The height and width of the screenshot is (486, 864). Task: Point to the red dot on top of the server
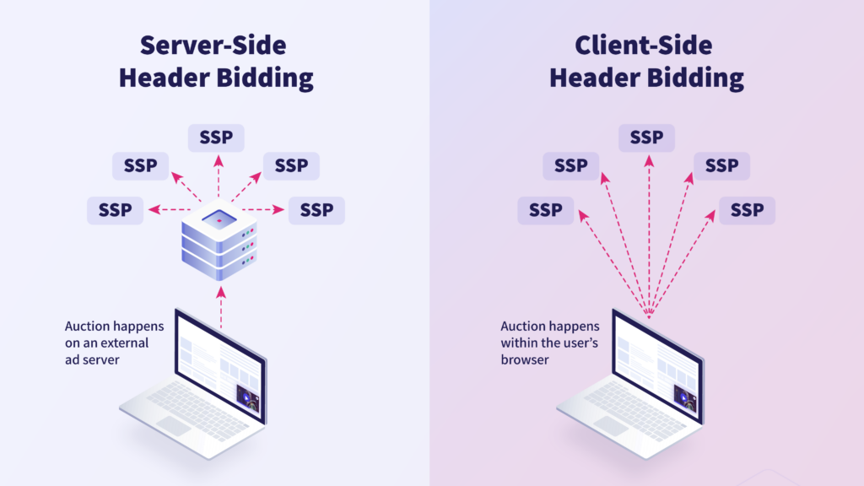[219, 221]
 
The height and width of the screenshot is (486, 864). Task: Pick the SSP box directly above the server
[216, 138]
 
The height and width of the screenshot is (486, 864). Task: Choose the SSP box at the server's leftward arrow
[116, 210]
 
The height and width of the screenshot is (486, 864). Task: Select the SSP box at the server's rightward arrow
[316, 210]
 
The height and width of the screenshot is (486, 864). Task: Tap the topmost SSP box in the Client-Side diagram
[646, 138]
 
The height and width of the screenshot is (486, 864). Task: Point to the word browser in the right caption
[525, 359]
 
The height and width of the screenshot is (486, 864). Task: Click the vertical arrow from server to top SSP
[219, 179]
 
